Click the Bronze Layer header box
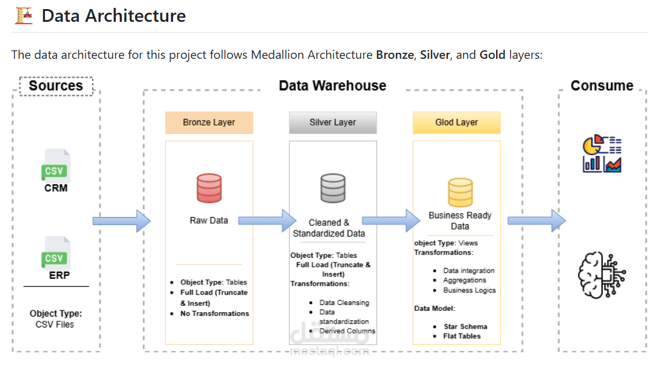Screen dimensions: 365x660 click(209, 122)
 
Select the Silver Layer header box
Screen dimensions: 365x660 click(333, 122)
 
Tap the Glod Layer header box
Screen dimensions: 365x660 click(457, 122)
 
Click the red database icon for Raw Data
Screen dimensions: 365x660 click(209, 188)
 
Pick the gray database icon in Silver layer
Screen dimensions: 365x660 click(333, 188)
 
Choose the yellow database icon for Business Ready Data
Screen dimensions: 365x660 click(460, 193)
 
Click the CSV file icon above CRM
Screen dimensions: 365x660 click(56, 166)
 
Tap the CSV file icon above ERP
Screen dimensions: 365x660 click(56, 253)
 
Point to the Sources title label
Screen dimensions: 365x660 click(56, 86)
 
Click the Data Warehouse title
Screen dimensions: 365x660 click(332, 85)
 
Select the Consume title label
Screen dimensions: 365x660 click(602, 85)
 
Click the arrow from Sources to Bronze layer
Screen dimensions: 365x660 click(121, 221)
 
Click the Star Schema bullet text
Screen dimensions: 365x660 click(465, 326)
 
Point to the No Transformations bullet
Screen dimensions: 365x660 click(214, 313)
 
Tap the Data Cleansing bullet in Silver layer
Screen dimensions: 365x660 click(344, 302)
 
